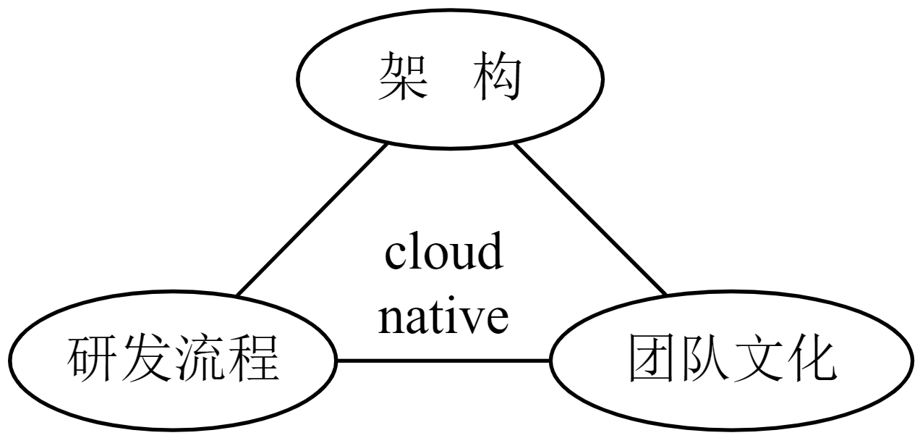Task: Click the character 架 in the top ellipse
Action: click(402, 77)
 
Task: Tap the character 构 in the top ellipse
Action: click(498, 77)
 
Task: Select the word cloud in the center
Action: click(443, 250)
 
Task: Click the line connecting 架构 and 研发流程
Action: click(312, 219)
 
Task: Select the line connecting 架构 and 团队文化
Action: click(590, 219)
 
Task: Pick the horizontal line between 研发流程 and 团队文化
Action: click(443, 361)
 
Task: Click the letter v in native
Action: click(472, 321)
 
